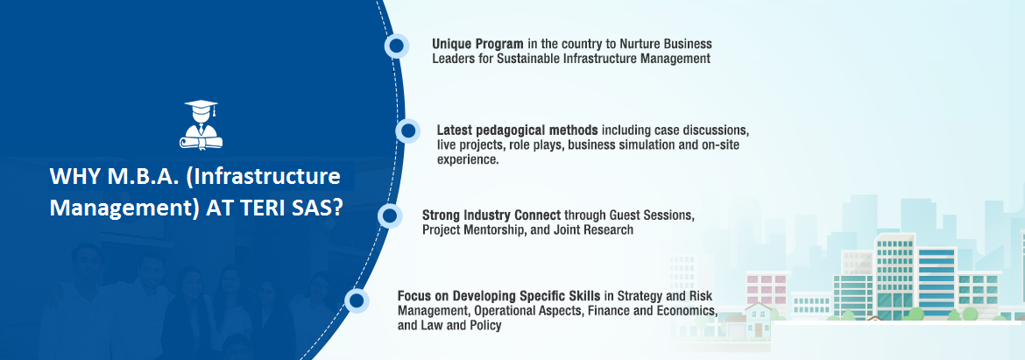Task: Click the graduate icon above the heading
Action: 201,124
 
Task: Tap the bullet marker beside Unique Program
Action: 396,46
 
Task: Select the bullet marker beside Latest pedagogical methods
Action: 408,131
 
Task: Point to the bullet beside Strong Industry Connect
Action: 390,215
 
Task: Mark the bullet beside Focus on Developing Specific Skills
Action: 357,300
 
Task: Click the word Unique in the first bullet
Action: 452,45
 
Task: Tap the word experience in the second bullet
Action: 468,160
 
